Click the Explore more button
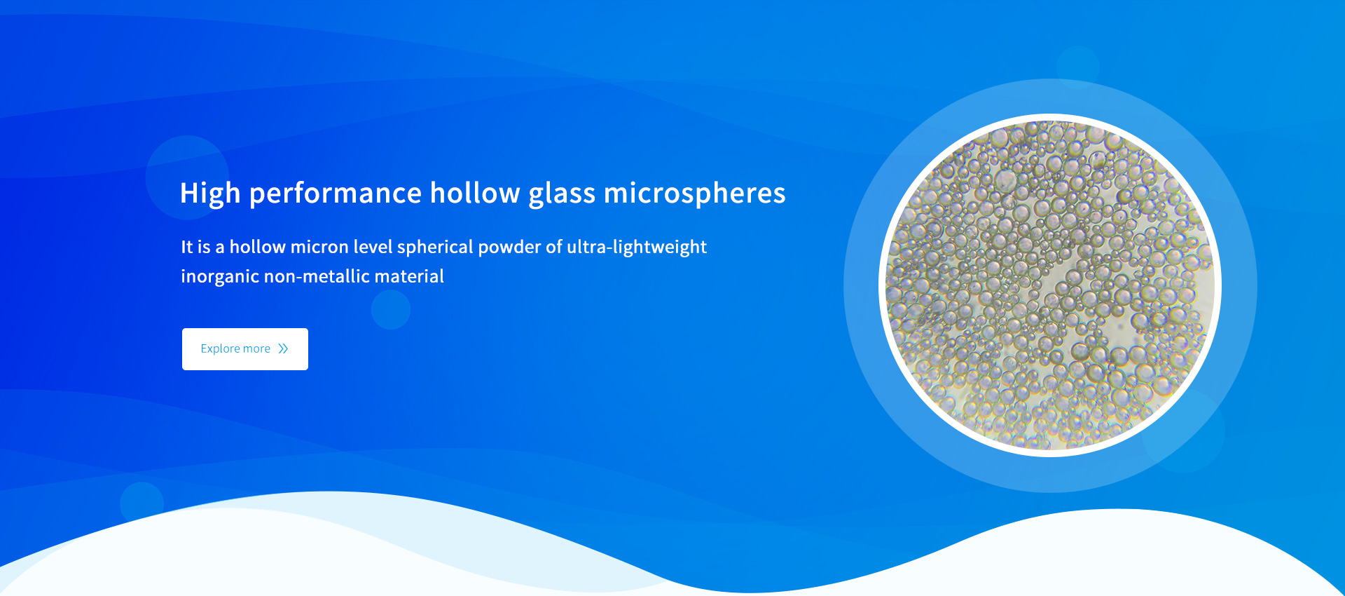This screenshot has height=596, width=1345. point(245,349)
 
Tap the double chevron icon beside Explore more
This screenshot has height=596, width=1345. point(283,349)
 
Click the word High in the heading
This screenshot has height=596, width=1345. point(210,194)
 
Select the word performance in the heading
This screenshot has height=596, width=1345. point(336,194)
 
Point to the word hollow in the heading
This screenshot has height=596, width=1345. point(475,193)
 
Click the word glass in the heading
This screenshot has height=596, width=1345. point(562,194)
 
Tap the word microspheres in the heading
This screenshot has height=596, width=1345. point(695,194)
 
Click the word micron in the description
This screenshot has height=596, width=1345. point(319,247)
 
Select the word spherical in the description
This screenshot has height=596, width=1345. point(435,248)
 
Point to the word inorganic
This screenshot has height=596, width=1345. point(220,277)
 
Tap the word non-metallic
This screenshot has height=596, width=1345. point(317,276)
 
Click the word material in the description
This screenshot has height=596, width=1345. point(409,276)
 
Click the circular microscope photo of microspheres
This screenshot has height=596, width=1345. point(1050,285)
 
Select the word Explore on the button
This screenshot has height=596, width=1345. point(220,349)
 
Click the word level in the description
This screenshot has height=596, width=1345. point(373,247)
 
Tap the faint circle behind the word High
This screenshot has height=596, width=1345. point(187,177)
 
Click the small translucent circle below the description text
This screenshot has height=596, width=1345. point(391,310)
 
